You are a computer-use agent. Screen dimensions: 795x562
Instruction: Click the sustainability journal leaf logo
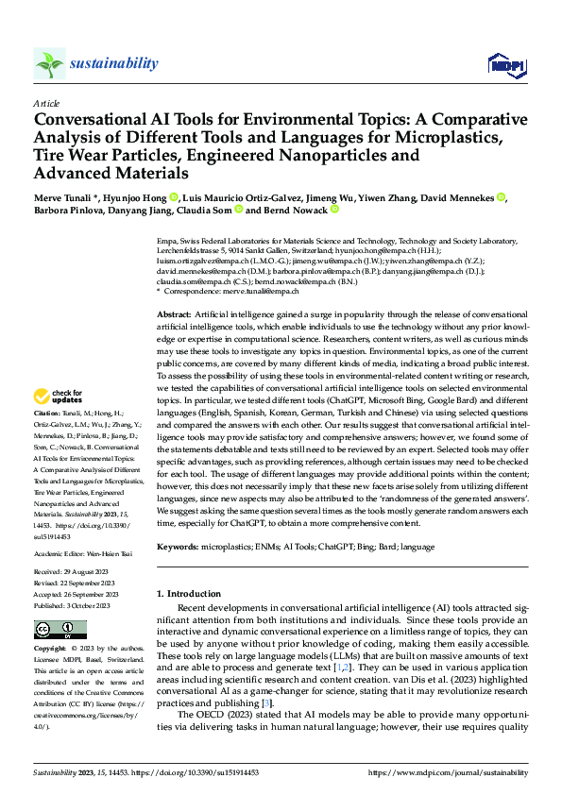(49, 63)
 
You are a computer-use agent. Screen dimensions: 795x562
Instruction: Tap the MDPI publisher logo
(505, 63)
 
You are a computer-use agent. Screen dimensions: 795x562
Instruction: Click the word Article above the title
(46, 103)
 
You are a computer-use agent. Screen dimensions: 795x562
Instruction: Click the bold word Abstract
(174, 313)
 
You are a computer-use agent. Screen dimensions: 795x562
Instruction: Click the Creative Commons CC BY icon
(60, 630)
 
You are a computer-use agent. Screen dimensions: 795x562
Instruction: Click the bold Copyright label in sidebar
(50, 650)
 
